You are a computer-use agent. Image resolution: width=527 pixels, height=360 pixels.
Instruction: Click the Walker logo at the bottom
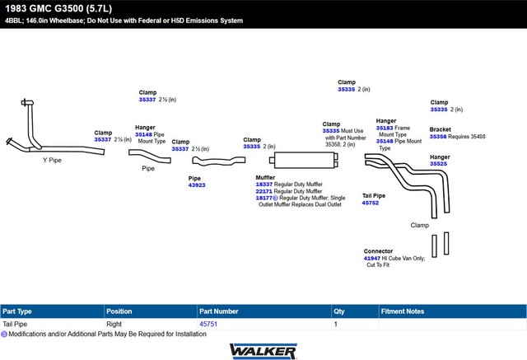(263, 351)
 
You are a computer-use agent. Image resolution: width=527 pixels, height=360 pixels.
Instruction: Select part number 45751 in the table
(208, 324)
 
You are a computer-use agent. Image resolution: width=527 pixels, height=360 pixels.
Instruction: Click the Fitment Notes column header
(403, 311)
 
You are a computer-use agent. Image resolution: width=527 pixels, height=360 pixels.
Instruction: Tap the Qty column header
(339, 311)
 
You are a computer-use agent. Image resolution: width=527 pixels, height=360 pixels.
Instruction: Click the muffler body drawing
(304, 160)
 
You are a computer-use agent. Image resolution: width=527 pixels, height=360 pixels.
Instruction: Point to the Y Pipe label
(52, 160)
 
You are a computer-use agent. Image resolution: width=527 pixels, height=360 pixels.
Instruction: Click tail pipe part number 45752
(371, 203)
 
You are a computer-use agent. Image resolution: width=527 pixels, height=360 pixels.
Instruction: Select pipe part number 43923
(197, 185)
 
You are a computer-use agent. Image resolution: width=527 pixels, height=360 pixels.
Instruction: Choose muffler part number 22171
(263, 191)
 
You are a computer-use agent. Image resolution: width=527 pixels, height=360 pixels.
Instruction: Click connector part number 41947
(371, 258)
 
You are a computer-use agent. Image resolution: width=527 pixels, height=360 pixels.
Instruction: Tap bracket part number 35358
(438, 137)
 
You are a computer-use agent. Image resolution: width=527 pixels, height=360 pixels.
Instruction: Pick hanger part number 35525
(438, 164)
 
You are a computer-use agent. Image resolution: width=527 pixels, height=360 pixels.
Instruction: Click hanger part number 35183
(385, 128)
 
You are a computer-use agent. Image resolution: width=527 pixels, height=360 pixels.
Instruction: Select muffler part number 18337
(264, 185)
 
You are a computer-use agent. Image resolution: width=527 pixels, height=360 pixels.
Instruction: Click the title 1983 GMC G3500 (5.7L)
(58, 8)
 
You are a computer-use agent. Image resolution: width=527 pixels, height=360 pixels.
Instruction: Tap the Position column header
(119, 311)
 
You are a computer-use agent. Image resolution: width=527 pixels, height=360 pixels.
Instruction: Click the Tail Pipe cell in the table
(15, 324)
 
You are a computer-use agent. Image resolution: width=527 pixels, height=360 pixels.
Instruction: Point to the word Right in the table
(114, 324)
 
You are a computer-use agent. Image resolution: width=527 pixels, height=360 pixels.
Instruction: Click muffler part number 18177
(263, 198)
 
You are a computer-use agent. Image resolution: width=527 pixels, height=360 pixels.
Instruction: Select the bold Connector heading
(378, 251)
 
